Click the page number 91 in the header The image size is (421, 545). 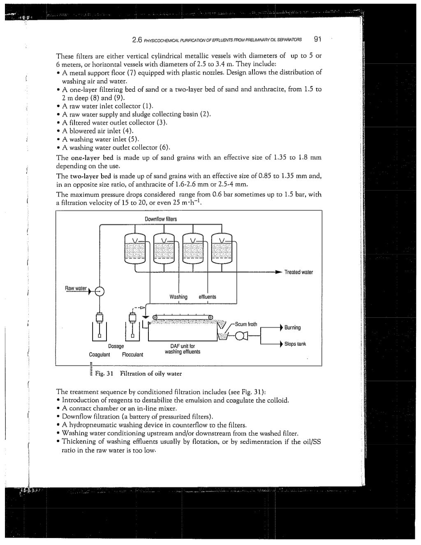coord(317,40)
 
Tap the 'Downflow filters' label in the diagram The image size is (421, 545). coord(161,219)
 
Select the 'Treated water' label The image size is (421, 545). coord(298,272)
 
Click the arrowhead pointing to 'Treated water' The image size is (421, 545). coord(279,272)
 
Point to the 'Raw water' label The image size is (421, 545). coord(76,288)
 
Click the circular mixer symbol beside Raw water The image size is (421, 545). coord(99,291)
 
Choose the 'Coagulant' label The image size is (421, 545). coord(99,354)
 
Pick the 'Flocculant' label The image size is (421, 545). coord(132,354)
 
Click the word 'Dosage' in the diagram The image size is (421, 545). coord(116,346)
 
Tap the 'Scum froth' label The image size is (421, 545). coord(246,324)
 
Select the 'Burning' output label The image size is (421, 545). coord(292,328)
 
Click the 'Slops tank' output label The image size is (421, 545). coord(295,344)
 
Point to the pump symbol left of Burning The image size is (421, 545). coord(240,336)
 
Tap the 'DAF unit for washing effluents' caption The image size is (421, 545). coord(183,349)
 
